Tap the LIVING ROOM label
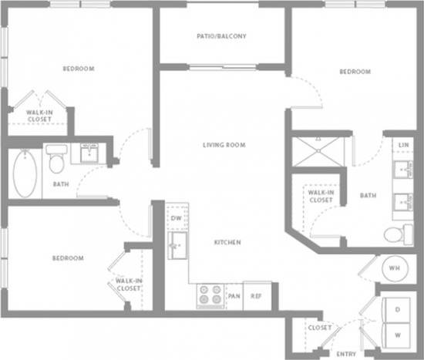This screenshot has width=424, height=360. [224, 145]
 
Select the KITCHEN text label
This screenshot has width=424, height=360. [227, 242]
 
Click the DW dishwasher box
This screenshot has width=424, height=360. [176, 218]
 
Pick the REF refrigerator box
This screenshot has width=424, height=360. [255, 296]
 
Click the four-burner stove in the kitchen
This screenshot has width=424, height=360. [210, 295]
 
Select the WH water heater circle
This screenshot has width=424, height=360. [394, 267]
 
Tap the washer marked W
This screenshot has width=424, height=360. [398, 334]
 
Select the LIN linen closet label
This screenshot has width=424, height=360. [402, 144]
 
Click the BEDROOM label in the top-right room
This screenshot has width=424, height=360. [355, 72]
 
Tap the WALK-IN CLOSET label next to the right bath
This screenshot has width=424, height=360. [320, 197]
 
